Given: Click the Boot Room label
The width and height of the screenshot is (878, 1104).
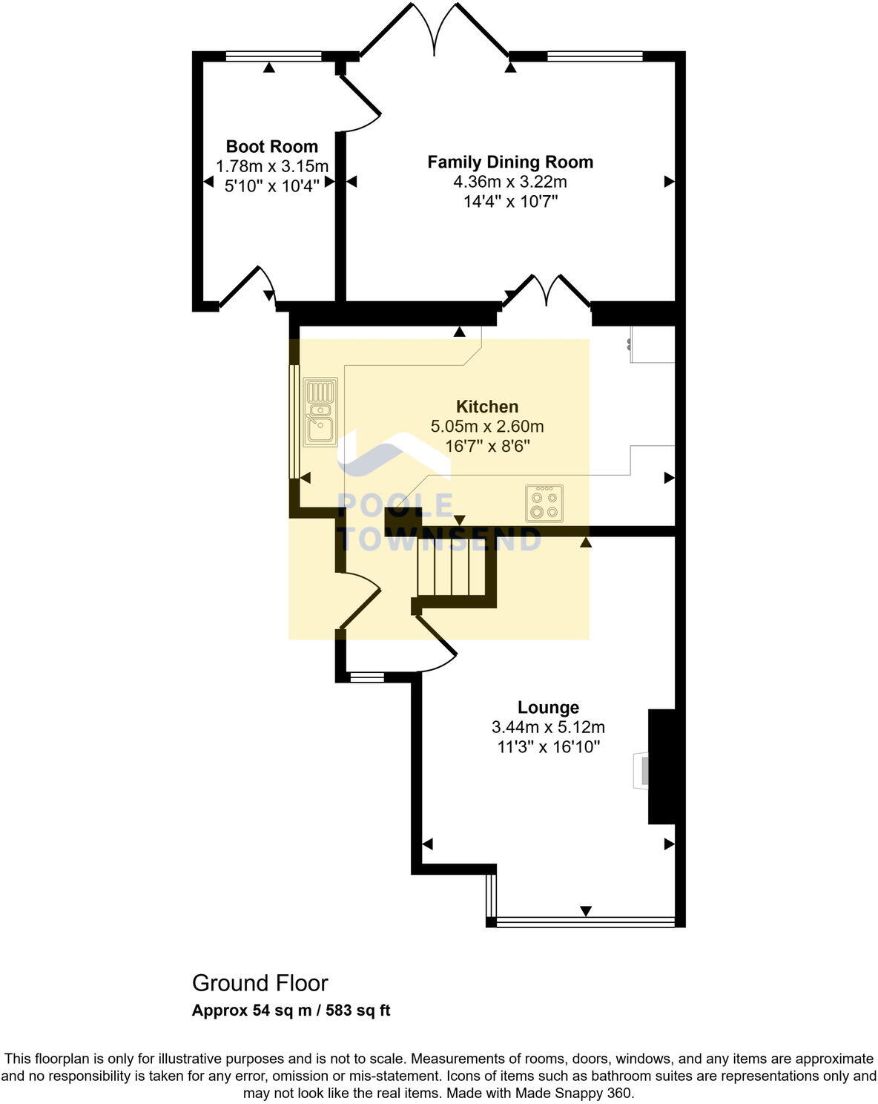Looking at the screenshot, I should [271, 146].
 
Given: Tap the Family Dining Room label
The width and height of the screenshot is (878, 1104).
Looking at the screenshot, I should [510, 162].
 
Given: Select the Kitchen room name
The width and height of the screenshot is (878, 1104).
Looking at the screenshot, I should [486, 407].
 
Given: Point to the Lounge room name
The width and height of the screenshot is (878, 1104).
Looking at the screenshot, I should [548, 707].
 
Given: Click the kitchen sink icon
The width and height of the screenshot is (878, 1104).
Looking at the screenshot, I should [320, 412].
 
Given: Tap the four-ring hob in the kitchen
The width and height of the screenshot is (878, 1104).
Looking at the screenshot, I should [544, 503].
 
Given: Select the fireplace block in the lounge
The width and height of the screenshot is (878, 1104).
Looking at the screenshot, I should [661, 766].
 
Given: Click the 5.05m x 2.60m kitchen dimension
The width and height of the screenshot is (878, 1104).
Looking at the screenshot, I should [486, 427].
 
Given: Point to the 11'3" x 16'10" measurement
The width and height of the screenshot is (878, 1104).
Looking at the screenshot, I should [548, 747].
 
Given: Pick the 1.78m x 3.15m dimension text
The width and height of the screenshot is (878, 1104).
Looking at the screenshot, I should [271, 166].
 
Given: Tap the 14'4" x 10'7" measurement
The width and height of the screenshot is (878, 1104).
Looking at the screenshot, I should [510, 201].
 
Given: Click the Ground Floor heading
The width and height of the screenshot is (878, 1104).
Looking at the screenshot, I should [260, 983].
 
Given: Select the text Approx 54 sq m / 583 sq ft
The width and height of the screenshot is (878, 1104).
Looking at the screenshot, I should [291, 1011].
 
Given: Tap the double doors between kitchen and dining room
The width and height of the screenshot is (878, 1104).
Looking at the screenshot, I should [547, 292].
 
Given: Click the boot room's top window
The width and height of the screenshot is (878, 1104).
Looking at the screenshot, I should [273, 56].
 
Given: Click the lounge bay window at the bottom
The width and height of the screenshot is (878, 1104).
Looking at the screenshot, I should [585, 922].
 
